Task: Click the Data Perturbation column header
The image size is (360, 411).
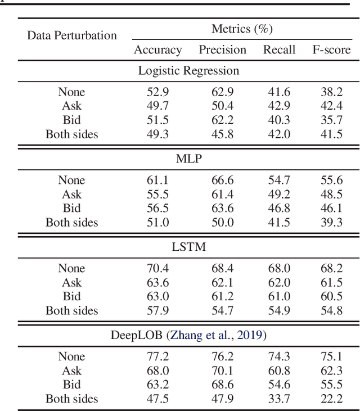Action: click(x=72, y=35)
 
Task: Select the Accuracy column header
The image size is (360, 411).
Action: click(x=157, y=50)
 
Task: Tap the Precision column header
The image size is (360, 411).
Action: click(x=222, y=50)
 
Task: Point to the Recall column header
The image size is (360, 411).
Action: click(x=279, y=50)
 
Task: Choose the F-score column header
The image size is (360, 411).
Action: click(x=331, y=50)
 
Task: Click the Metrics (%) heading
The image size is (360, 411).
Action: click(x=242, y=29)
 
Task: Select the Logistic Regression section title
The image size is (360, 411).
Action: click(x=188, y=71)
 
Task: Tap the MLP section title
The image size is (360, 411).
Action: click(x=188, y=159)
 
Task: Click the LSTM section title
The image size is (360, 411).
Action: click(x=188, y=247)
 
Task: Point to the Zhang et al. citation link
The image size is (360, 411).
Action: click(x=207, y=336)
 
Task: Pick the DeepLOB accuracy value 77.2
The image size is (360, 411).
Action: click(x=157, y=356)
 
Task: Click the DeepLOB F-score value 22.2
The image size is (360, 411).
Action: click(x=331, y=399)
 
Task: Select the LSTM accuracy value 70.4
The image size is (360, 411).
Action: click(x=157, y=268)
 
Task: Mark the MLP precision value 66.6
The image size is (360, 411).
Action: click(x=222, y=180)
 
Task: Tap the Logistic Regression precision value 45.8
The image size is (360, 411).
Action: click(x=222, y=134)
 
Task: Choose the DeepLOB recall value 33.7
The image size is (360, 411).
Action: click(x=279, y=399)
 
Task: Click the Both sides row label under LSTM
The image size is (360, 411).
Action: click(x=72, y=310)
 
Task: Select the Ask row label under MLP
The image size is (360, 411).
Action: click(x=72, y=194)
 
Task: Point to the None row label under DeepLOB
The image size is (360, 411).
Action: click(x=72, y=356)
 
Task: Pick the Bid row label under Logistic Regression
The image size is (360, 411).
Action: click(x=72, y=120)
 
